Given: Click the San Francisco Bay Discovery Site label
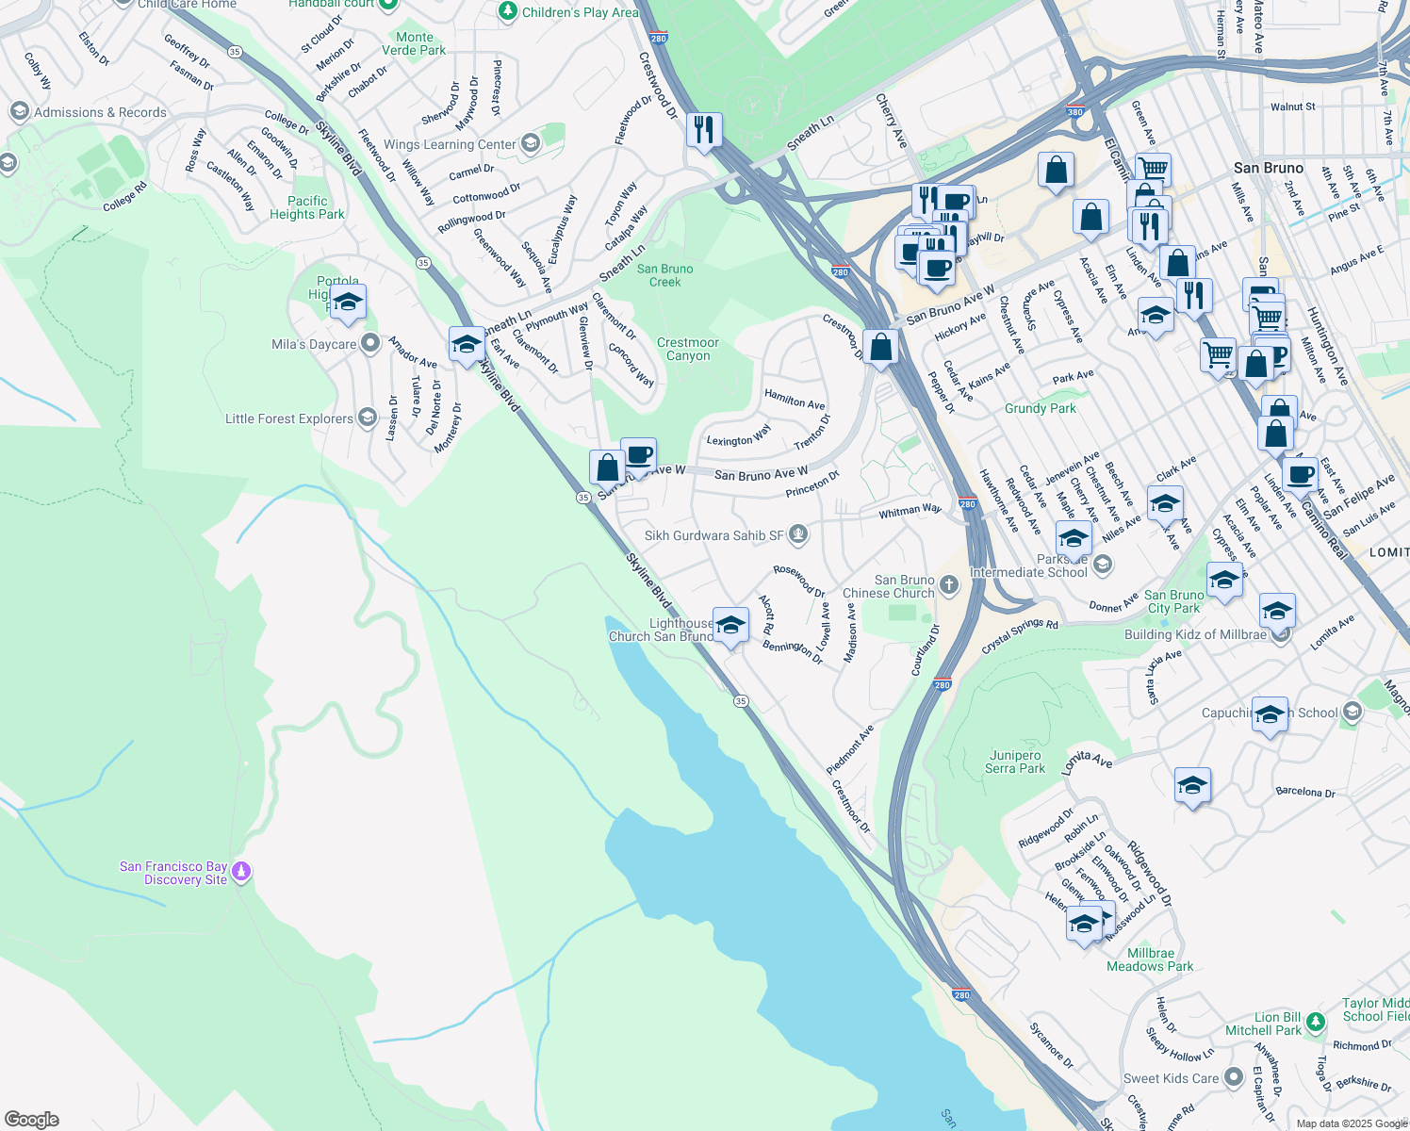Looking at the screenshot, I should coord(173,873).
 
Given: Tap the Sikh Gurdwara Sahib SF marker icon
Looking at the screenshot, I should coord(798,535).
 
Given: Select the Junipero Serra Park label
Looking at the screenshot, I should coord(1015,762).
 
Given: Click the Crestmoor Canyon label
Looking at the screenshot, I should coord(688,349).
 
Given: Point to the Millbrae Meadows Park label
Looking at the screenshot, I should coord(1150,959).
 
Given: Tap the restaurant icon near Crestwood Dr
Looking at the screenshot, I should coord(704,130).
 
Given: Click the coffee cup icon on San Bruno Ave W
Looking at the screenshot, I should coord(638,456).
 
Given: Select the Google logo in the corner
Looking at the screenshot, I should coord(31,1120).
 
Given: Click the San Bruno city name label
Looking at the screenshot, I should coord(1268,168).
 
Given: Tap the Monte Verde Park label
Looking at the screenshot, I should coord(414,43).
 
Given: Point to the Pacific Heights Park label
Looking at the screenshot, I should coord(307,207).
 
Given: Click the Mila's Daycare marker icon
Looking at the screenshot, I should coord(370,344).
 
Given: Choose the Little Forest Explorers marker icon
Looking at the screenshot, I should coord(367,418).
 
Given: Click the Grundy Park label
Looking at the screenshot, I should coord(1040,408).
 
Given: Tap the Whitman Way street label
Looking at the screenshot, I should coord(910,511).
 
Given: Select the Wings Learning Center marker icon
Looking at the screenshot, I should coord(530,143).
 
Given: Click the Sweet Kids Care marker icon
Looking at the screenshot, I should coord(1233,1079).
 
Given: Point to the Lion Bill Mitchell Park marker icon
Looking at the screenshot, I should coord(1316,1021).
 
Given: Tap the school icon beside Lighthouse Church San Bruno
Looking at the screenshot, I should coord(730,626).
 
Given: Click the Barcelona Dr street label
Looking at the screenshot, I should coord(1304,792).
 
